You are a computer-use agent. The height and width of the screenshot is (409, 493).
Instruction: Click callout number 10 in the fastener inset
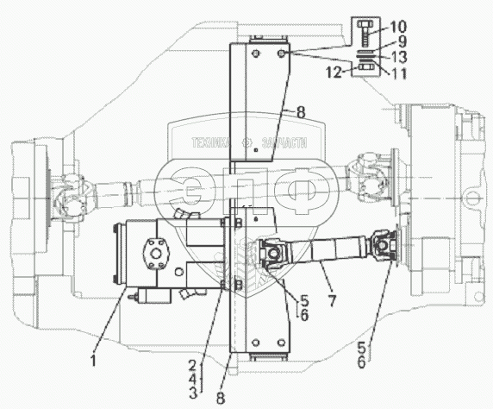396,27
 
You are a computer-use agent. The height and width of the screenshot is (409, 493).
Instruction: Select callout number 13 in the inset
397,57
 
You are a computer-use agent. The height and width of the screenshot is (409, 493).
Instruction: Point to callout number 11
397,73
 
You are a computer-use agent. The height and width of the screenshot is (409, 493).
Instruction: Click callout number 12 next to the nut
334,72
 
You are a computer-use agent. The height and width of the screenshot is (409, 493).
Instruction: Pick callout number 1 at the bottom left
93,361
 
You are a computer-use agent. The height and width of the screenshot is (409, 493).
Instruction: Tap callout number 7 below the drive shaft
332,300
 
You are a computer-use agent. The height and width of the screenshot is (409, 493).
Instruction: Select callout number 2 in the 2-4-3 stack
192,366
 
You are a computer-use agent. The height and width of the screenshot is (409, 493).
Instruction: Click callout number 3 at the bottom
193,393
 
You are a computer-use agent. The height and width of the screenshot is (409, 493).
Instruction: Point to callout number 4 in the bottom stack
192,379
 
